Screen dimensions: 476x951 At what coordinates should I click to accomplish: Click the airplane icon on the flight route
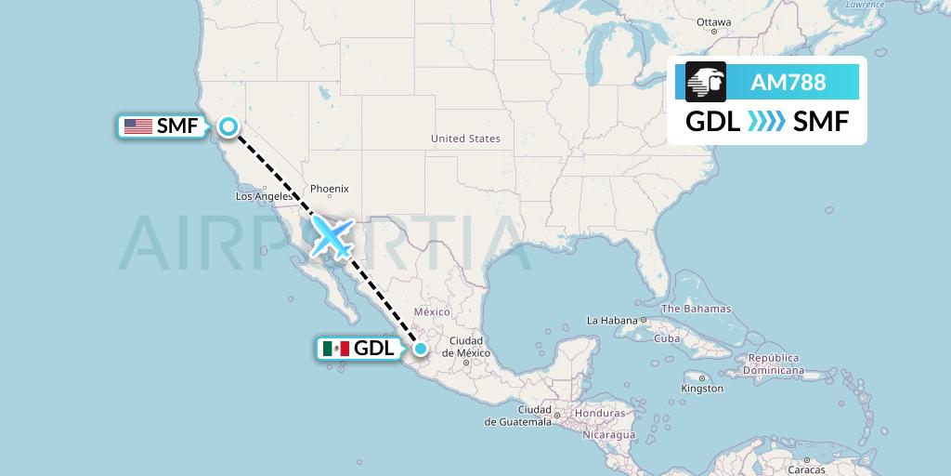(332, 236)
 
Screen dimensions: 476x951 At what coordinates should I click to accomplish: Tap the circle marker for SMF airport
(228, 126)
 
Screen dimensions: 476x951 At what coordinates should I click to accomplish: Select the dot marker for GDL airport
(421, 349)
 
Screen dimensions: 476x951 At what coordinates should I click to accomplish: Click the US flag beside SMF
(138, 126)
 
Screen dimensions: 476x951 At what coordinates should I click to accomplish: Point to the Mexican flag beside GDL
(335, 349)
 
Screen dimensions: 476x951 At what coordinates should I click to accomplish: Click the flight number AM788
(788, 83)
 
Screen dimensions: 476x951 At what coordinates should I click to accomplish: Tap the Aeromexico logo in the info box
(706, 82)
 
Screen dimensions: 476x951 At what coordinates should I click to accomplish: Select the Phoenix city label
(329, 189)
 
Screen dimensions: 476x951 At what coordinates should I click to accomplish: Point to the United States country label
(465, 139)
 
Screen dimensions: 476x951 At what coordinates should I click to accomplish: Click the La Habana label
(610, 320)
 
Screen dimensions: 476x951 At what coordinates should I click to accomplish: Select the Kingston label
(701, 389)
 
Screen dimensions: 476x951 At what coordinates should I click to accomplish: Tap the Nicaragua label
(609, 434)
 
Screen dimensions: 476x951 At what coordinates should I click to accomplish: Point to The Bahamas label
(696, 309)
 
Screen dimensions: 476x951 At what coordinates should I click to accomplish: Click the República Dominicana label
(775, 364)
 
